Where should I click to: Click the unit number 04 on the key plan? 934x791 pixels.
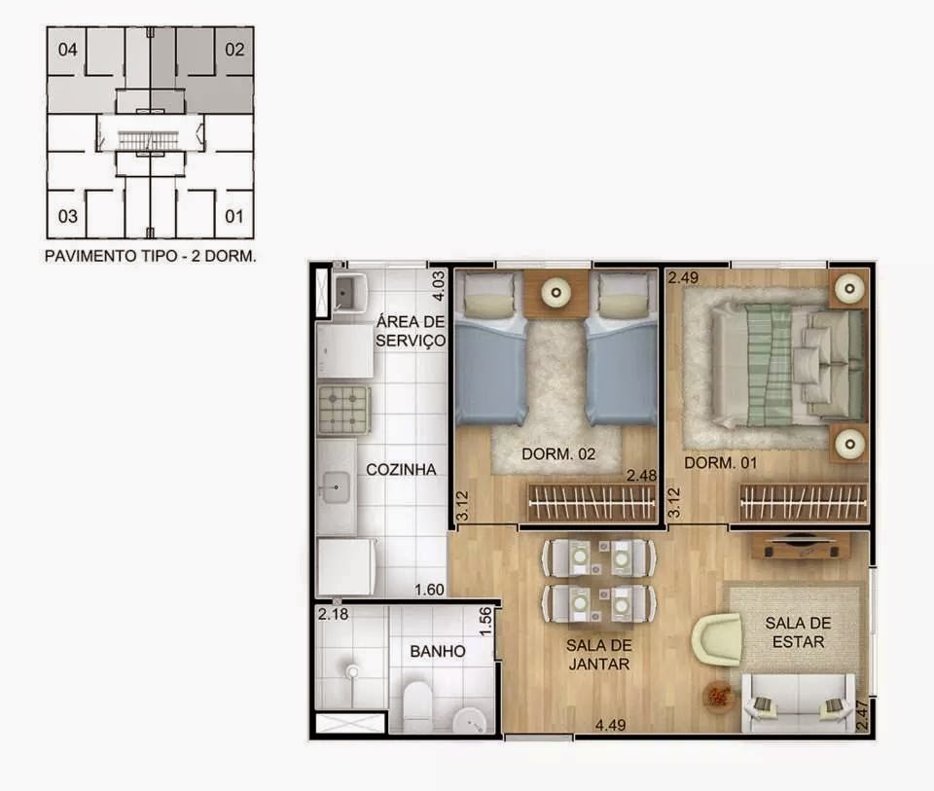(x=68, y=50)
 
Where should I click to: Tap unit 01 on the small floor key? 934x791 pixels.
(x=234, y=216)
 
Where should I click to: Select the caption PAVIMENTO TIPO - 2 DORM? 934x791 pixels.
(x=151, y=256)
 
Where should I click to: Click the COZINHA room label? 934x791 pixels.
(x=401, y=469)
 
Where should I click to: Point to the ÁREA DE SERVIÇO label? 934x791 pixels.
(x=411, y=331)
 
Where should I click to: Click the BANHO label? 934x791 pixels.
(x=438, y=651)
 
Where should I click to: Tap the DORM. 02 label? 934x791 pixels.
(x=558, y=453)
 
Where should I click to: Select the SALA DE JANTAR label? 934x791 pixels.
(x=598, y=655)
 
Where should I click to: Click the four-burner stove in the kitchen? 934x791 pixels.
(x=343, y=410)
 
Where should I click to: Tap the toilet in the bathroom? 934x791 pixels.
(x=417, y=706)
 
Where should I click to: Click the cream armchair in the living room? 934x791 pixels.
(x=717, y=641)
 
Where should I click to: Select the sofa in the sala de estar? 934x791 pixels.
(x=798, y=703)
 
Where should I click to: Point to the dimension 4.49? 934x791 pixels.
(x=611, y=725)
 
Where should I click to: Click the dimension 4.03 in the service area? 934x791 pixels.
(x=438, y=286)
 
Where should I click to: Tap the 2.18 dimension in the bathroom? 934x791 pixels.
(x=333, y=614)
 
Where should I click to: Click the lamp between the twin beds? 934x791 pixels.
(x=556, y=293)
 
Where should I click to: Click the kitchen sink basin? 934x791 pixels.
(x=337, y=487)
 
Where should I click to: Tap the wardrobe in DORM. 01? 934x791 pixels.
(x=803, y=501)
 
